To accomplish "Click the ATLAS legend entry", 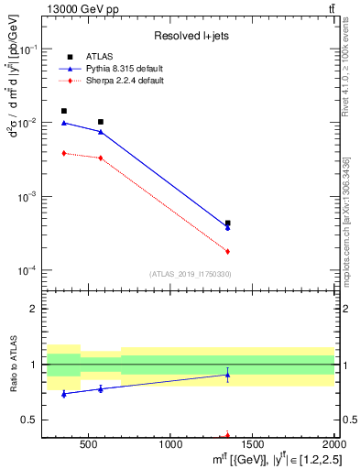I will click(99, 56).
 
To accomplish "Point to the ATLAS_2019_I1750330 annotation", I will click(190, 274).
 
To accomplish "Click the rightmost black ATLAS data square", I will click(227, 224).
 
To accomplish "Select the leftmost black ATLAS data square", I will click(63, 111).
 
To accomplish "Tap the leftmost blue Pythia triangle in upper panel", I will click(63, 123).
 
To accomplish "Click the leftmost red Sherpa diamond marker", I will click(63, 153).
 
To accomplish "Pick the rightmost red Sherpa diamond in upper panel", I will click(227, 251).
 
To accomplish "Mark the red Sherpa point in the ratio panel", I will click(227, 436).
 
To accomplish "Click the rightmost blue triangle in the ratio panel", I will click(227, 375).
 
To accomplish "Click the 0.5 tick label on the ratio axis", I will click(31, 420).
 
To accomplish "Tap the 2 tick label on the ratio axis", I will click(36, 309).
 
